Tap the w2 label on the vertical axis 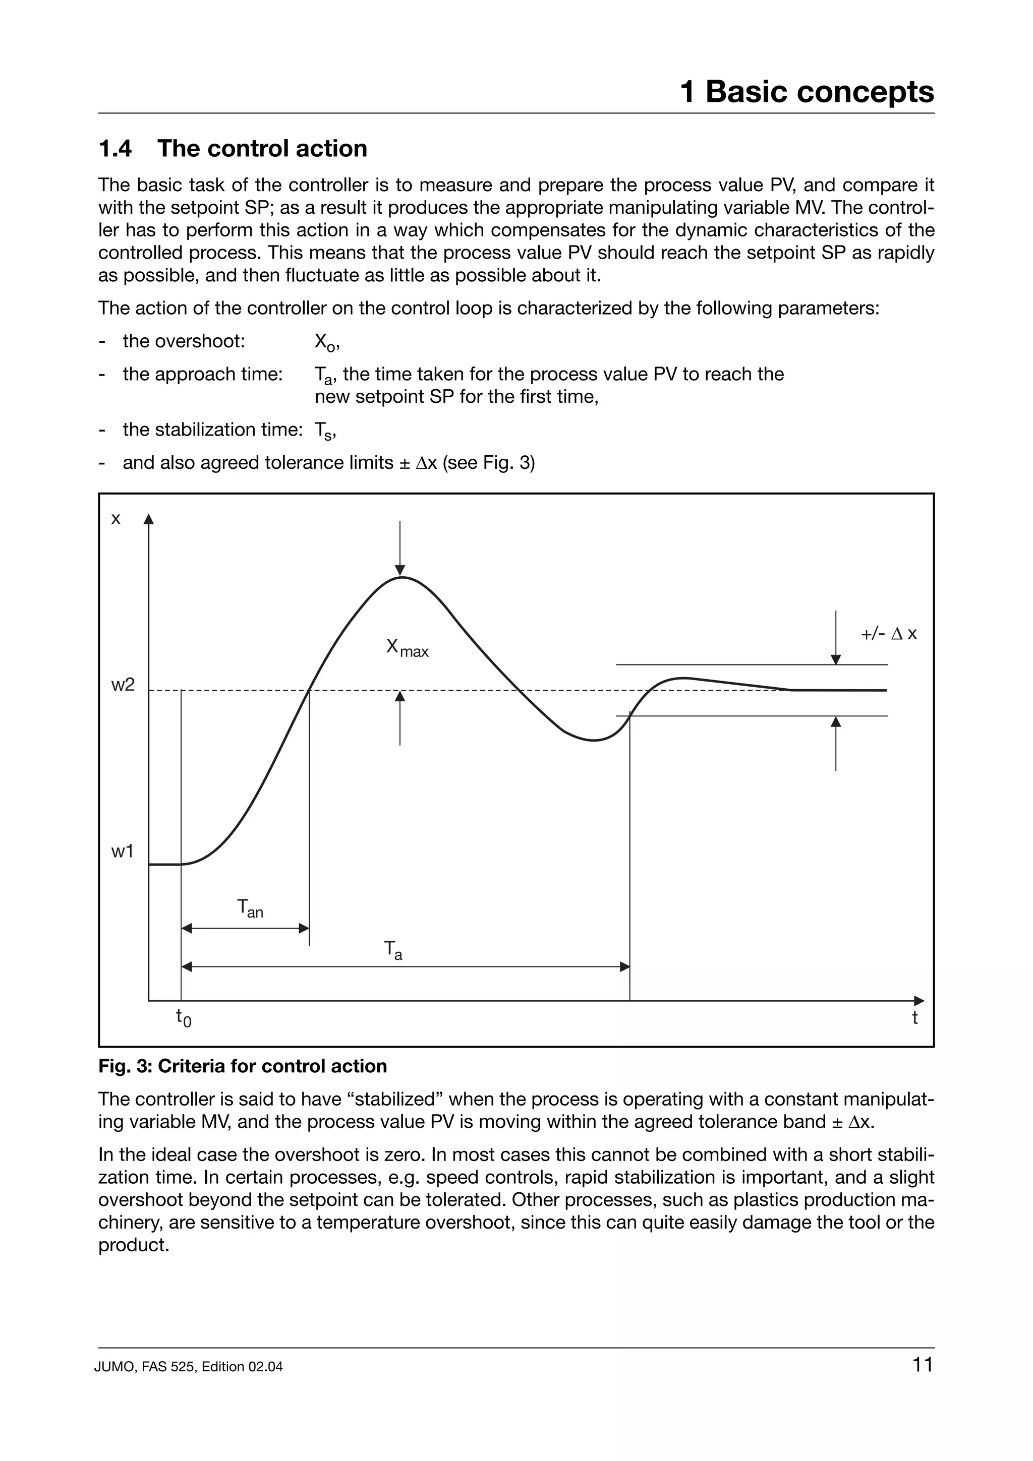123,685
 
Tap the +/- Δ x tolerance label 889,634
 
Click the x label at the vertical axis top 116,519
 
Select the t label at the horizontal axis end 914,1017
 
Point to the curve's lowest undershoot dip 594,740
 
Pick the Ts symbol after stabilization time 323,431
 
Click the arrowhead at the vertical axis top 149,519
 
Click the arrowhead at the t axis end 919,1001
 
